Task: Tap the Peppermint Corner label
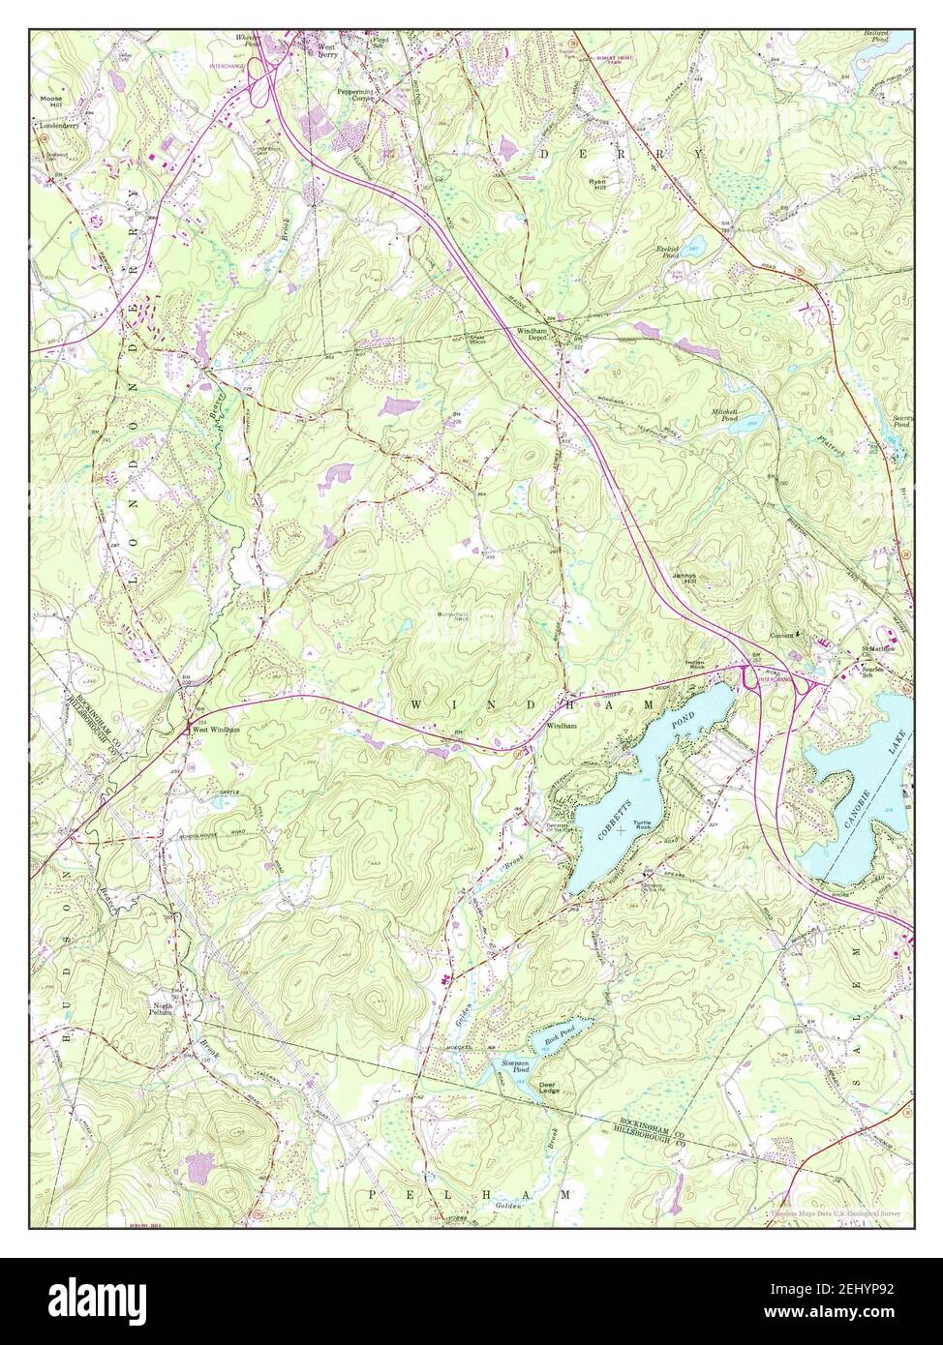click(355, 95)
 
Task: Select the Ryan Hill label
click(598, 185)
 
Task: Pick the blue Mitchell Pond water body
click(753, 422)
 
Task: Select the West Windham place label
click(215, 730)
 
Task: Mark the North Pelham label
click(161, 1010)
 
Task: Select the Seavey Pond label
click(901, 422)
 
